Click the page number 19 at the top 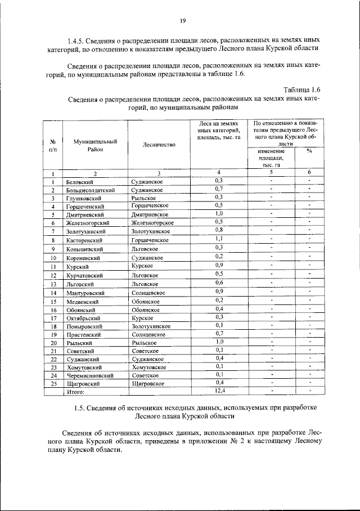point(183,21)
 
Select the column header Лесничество point(159,145)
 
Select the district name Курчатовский point(85,276)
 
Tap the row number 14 point(53,293)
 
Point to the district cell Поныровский point(84,326)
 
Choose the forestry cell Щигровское point(147,383)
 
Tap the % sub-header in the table point(309,151)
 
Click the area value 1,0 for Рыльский point(219,342)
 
